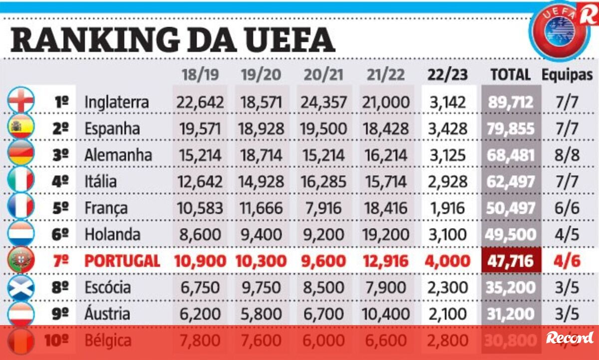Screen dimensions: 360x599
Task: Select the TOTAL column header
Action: tap(510, 75)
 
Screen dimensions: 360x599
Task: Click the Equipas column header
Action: tap(567, 75)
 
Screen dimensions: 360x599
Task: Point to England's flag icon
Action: tap(21, 101)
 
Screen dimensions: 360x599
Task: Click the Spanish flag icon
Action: tap(21, 128)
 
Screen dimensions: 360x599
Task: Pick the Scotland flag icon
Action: tap(21, 287)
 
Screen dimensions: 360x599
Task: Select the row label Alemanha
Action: tap(118, 155)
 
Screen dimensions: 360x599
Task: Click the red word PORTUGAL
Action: tap(122, 261)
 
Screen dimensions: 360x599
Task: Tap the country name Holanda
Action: tap(113, 234)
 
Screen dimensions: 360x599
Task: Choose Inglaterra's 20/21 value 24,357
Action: tap(323, 102)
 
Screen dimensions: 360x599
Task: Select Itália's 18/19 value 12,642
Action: tap(198, 181)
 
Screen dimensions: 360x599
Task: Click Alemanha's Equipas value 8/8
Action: tap(567, 155)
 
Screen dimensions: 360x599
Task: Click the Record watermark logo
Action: tap(570, 338)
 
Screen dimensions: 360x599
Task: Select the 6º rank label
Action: tap(60, 234)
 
